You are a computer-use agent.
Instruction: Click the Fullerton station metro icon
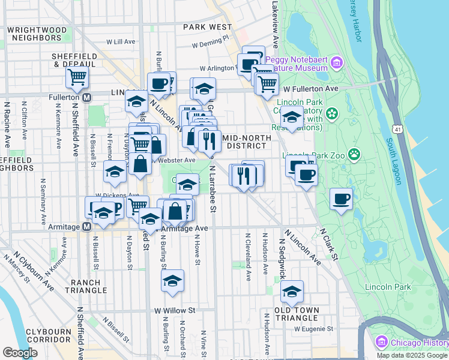87,97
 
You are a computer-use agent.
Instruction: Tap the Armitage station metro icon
86,227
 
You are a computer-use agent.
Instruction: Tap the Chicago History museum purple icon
380,342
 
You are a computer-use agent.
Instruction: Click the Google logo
20,353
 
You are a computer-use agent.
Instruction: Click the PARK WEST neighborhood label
208,27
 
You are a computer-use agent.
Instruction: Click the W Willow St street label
175,311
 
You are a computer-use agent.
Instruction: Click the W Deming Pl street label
211,44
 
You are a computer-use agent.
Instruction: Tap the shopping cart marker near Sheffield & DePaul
77,77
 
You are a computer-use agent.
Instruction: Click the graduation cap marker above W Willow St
172,280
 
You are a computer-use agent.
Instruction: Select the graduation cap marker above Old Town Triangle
292,291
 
